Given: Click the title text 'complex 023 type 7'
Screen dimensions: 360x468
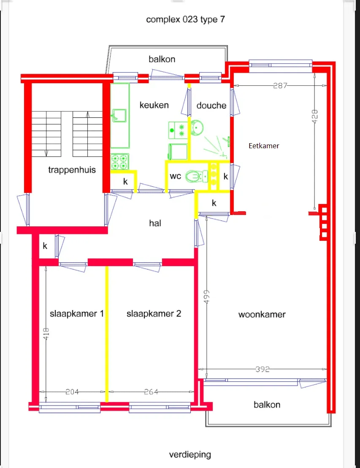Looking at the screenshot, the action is pyautogui.click(x=185, y=20).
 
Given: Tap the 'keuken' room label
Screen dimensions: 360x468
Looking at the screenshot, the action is pyautogui.click(x=154, y=105).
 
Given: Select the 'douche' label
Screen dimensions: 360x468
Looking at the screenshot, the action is pyautogui.click(x=211, y=105).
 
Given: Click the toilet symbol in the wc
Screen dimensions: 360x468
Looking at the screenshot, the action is pyautogui.click(x=196, y=177).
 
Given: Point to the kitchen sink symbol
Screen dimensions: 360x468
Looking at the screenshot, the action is pyautogui.click(x=119, y=115).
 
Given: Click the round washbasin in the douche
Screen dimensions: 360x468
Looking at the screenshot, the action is pyautogui.click(x=197, y=128).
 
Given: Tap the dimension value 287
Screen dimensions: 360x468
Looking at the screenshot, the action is pyautogui.click(x=280, y=86).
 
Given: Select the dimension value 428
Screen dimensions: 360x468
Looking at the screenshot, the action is pyautogui.click(x=315, y=116).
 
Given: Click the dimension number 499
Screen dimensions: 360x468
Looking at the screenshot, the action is pyautogui.click(x=206, y=297).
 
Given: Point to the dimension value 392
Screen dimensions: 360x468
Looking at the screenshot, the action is pyautogui.click(x=263, y=369).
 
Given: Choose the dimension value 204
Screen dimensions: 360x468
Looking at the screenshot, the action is pyautogui.click(x=72, y=392).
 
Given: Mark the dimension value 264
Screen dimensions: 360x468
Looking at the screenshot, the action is pyautogui.click(x=151, y=392).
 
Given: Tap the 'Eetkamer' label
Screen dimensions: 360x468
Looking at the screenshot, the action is pyautogui.click(x=264, y=146).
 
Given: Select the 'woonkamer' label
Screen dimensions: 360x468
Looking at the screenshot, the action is pyautogui.click(x=262, y=314).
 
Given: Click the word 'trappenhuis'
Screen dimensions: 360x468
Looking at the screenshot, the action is pyautogui.click(x=72, y=170).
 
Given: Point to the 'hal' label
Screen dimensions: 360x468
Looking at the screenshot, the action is pyautogui.click(x=155, y=223).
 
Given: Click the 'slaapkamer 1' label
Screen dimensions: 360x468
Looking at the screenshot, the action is pyautogui.click(x=77, y=314).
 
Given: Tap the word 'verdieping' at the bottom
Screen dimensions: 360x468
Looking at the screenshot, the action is pyautogui.click(x=190, y=454).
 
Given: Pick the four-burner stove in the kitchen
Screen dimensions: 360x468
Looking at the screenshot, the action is pyautogui.click(x=120, y=161).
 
